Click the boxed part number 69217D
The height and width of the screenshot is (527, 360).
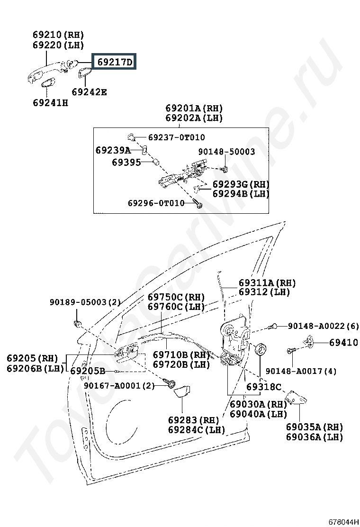click(115, 62)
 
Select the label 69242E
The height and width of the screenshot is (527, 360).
click(90, 92)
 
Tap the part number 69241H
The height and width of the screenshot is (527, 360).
click(50, 102)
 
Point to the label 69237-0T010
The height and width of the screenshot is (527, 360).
click(177, 137)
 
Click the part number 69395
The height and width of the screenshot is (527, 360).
click(126, 163)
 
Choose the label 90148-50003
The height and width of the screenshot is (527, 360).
click(226, 152)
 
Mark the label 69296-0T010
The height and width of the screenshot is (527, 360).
click(156, 203)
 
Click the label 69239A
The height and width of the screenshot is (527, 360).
click(113, 150)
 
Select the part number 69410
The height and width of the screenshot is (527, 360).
click(343, 343)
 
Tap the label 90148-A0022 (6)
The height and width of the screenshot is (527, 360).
click(324, 326)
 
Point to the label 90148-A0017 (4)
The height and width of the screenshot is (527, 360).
click(301, 371)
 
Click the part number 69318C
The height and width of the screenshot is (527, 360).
click(264, 387)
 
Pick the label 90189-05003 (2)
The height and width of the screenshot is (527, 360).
click(85, 302)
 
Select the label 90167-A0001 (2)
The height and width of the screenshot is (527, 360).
click(119, 385)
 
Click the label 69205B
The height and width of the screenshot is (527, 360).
click(88, 371)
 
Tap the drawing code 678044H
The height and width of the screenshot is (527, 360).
click(343, 522)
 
